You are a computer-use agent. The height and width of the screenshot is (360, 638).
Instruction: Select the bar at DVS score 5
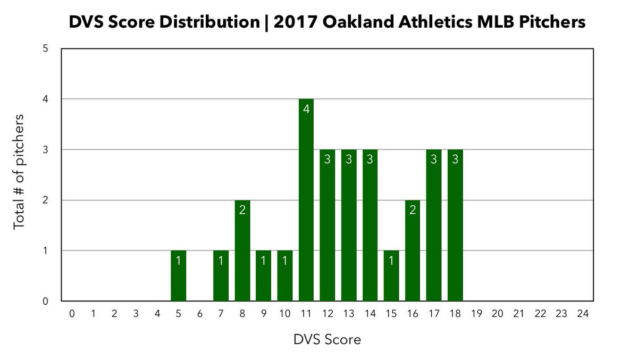tap(179, 276)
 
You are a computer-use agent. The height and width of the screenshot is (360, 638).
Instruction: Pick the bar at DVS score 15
tap(391, 276)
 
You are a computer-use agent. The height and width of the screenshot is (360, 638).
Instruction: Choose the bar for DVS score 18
tap(455, 225)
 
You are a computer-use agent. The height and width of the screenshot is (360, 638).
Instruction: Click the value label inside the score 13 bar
tap(349, 160)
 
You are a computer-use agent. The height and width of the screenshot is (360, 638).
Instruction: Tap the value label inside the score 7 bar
tap(221, 261)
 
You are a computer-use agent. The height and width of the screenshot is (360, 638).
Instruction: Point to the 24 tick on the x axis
tap(583, 314)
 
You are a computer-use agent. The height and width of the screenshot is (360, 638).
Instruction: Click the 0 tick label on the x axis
tap(72, 314)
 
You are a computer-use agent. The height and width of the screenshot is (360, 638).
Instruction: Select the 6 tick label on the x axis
tap(200, 314)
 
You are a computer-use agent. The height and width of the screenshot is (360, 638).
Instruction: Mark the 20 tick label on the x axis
tap(498, 314)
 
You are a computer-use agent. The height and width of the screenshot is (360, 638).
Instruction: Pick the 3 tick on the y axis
tap(46, 150)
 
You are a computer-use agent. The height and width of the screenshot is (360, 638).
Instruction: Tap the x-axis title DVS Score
tap(327, 339)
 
